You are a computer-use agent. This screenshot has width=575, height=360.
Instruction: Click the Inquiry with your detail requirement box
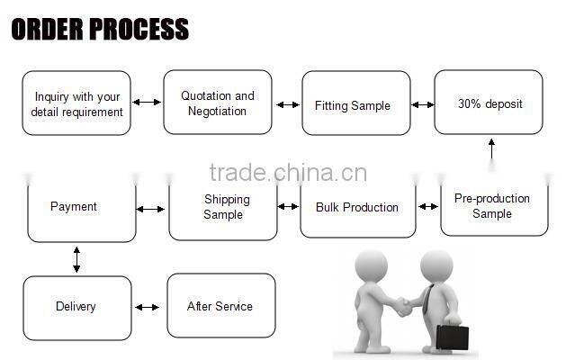click(76, 103)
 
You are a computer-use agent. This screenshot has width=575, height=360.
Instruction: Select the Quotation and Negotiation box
click(217, 103)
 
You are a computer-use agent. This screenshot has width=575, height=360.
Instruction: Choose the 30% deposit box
click(489, 103)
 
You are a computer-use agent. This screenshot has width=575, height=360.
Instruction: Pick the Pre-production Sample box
click(492, 206)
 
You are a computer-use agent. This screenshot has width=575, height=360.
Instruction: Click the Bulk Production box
click(357, 207)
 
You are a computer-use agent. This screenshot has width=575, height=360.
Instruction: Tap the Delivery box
click(76, 307)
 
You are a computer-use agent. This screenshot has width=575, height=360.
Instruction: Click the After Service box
click(220, 306)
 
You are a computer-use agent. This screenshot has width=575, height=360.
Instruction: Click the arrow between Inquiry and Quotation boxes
click(147, 102)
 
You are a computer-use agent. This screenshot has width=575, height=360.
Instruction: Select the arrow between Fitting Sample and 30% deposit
click(422, 104)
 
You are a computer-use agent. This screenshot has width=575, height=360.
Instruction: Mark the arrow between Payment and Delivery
click(76, 259)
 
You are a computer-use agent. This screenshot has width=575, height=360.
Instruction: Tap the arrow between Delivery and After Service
click(148, 307)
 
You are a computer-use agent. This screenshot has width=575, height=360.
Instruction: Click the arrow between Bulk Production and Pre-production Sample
click(428, 207)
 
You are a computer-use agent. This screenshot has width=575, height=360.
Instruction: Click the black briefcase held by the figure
click(452, 337)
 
